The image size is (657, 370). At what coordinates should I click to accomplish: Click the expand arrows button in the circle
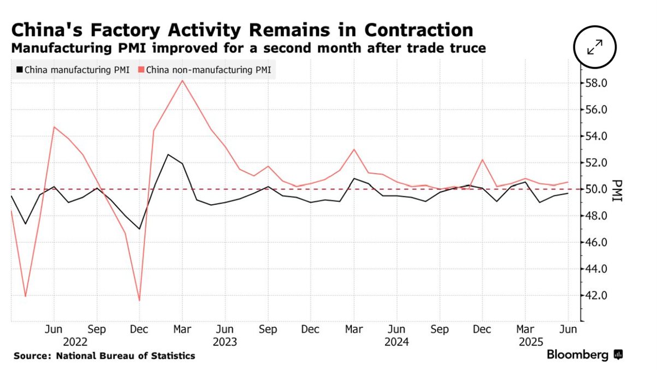[595, 47]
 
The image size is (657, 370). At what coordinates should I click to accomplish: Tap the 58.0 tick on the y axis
[596, 83]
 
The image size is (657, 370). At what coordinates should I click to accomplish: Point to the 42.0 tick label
[596, 296]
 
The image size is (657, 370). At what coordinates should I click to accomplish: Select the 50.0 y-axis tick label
[596, 189]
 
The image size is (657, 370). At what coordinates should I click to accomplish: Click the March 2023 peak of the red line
[182, 80]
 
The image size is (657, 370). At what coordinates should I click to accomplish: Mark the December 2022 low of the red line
[140, 301]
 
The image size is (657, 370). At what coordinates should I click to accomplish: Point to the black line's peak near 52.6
[168, 154]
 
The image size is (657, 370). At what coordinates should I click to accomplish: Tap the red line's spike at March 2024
[354, 149]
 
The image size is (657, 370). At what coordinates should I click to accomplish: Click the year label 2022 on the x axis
[75, 342]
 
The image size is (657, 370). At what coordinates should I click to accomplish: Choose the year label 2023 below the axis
[225, 342]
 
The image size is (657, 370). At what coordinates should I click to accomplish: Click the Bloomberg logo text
[577, 355]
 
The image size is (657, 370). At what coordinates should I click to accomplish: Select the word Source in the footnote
[31, 356]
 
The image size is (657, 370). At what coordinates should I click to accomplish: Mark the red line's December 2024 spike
[482, 159]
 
